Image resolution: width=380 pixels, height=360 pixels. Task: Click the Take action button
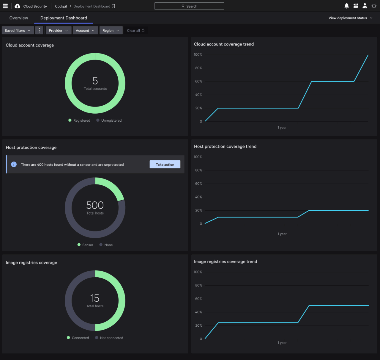coord(165,165)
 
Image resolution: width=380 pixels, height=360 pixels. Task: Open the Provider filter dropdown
coord(58,30)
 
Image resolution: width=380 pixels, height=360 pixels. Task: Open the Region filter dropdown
coord(111,30)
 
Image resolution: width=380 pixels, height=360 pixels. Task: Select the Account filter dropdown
coord(85,30)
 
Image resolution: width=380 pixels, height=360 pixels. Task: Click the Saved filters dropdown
coord(18,30)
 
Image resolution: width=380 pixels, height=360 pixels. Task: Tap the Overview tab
coord(19,18)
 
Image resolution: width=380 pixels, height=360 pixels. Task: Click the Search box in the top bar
coord(189,6)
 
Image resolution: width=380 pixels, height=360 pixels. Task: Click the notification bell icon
coord(346,6)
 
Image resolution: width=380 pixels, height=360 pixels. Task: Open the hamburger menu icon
coord(5,6)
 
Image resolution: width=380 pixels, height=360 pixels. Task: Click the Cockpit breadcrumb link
coord(61,6)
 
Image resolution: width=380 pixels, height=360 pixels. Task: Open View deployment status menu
coord(350,18)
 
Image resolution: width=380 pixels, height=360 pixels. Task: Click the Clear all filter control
coord(135,30)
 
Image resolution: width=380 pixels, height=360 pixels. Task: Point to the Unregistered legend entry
coord(109,120)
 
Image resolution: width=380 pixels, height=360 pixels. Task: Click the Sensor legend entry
coord(85,245)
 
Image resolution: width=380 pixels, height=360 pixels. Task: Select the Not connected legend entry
coord(109,338)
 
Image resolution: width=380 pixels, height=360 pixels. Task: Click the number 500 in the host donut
coord(95,205)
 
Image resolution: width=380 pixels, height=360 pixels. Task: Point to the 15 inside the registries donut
coord(95,298)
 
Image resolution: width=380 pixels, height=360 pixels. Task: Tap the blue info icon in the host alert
coord(14,164)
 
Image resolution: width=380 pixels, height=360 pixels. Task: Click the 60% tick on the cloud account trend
coord(198,81)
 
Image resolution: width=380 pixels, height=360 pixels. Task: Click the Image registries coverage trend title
coord(226,262)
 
